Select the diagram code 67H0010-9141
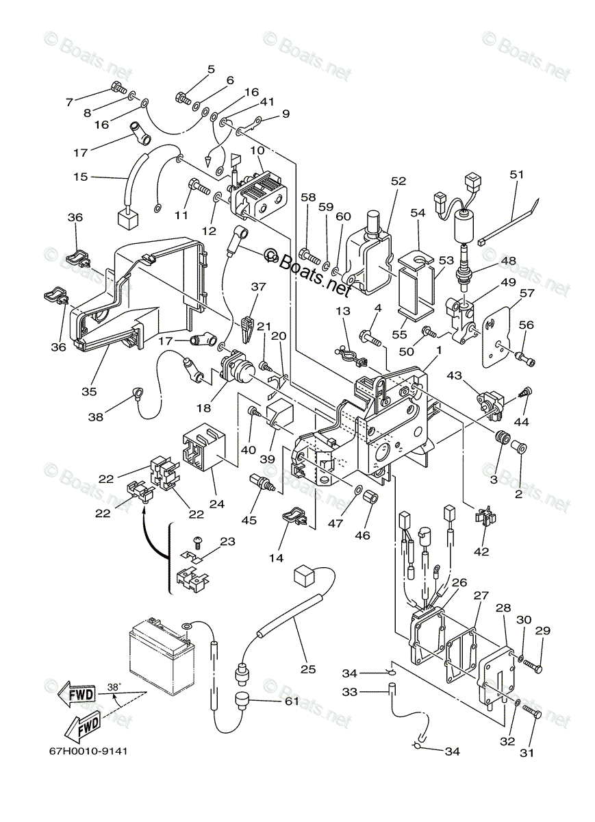[88, 750]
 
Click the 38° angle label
[114, 685]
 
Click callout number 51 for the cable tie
[516, 175]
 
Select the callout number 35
[89, 392]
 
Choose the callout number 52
[398, 181]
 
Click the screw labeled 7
[116, 88]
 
